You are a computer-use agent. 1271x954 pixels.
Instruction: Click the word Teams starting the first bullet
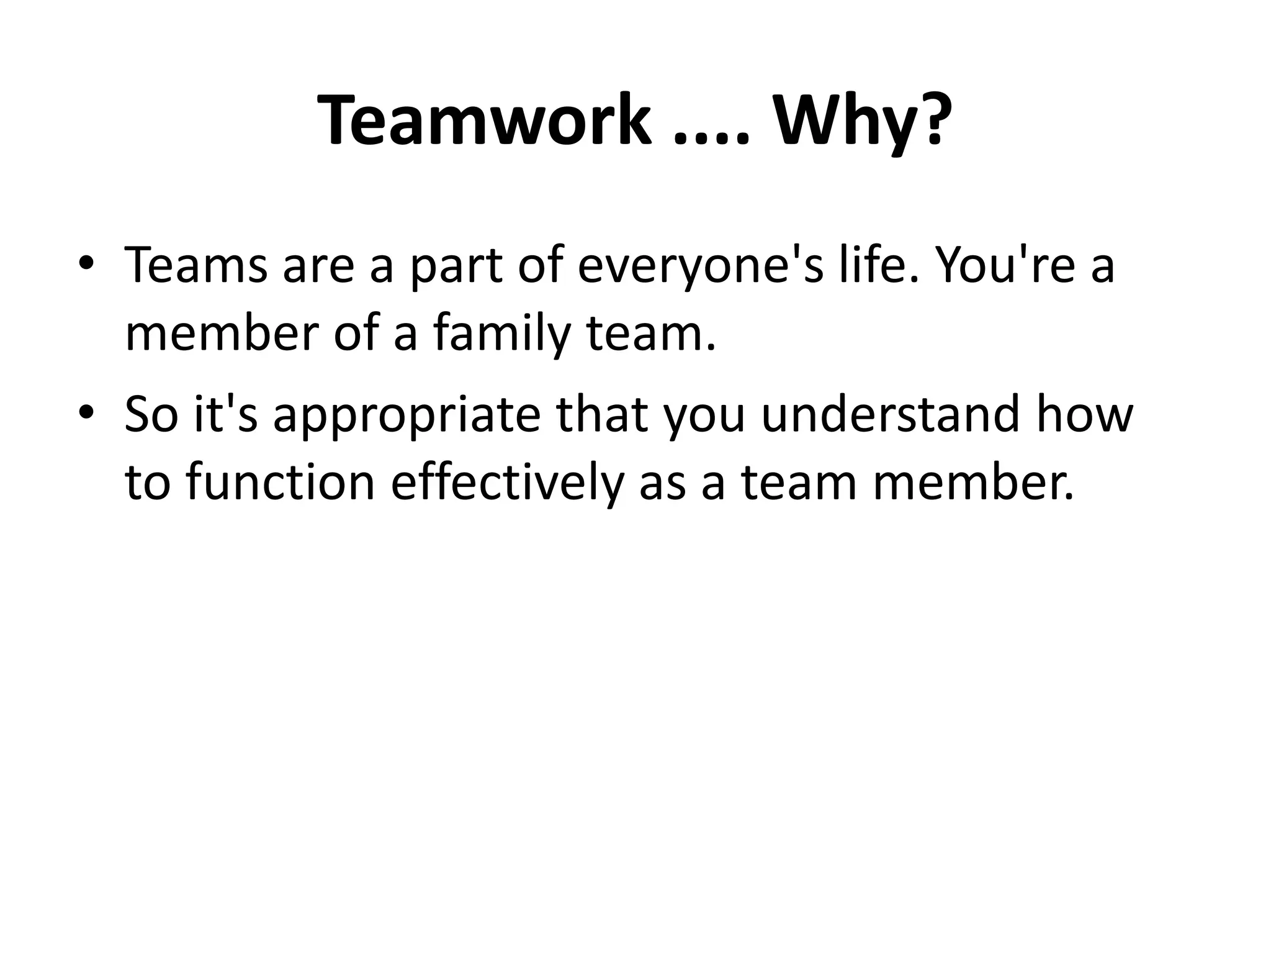tap(196, 265)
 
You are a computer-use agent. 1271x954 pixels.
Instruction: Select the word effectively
tap(506, 483)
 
